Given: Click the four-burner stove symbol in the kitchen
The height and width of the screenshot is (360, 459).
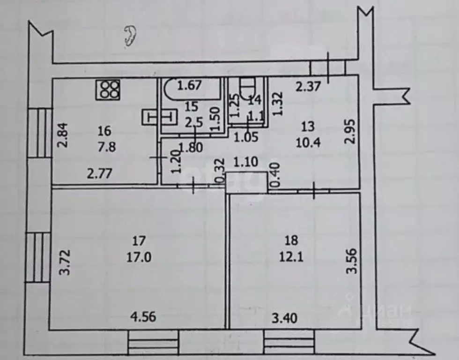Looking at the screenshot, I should (x=108, y=90).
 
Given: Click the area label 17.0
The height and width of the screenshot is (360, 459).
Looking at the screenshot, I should (x=139, y=257).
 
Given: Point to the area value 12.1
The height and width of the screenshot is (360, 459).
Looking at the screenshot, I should (x=291, y=257).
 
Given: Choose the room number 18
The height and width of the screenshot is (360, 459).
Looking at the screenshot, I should (x=291, y=241).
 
